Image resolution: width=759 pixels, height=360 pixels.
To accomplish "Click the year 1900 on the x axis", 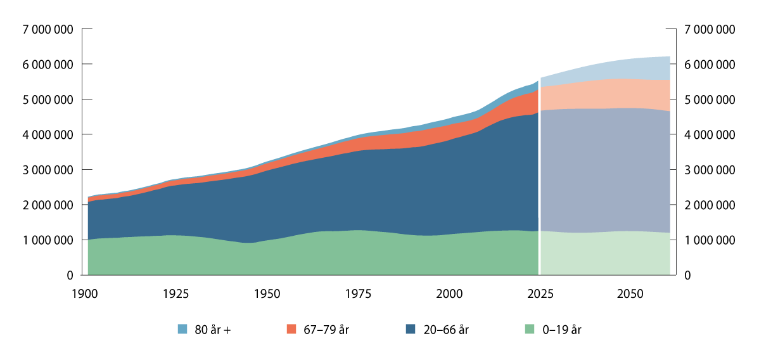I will [86, 294].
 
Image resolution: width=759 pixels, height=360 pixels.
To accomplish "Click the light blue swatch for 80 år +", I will [182, 329].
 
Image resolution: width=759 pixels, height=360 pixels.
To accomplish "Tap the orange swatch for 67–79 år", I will [291, 329].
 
